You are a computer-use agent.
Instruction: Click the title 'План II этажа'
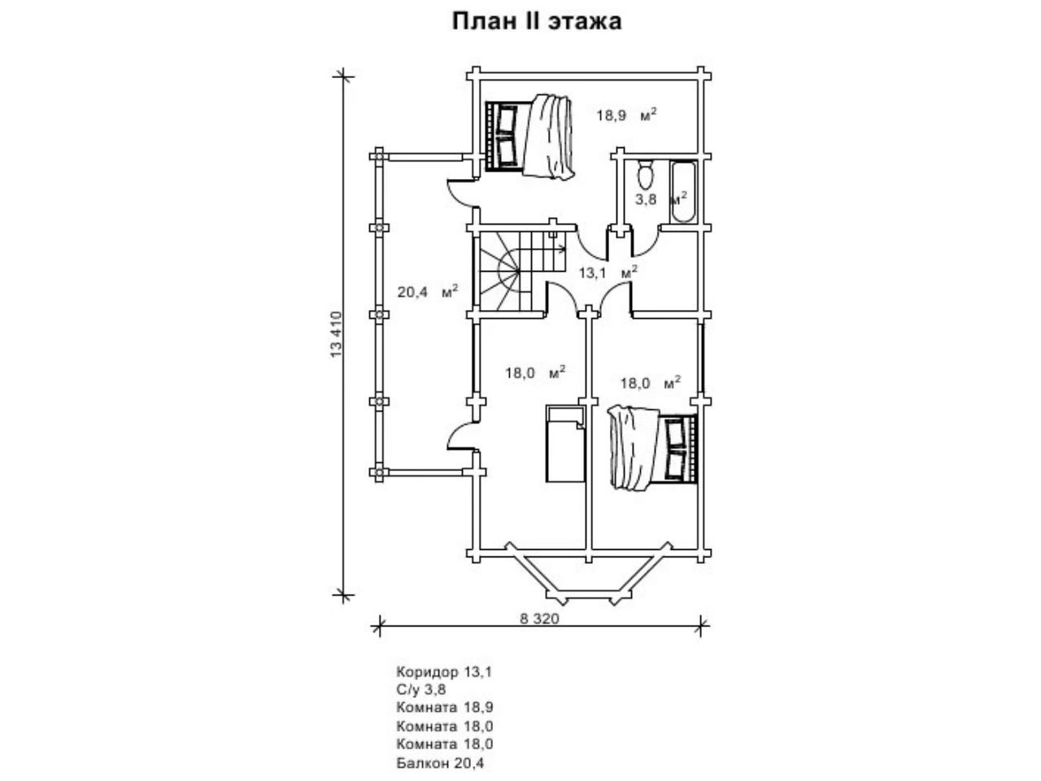click(537, 21)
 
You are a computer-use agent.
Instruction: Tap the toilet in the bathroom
click(646, 175)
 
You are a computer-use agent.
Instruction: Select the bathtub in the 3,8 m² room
click(682, 192)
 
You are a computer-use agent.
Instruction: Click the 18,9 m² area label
click(625, 115)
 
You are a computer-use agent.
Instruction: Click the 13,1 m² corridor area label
click(607, 273)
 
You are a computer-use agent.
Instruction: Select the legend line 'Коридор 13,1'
click(444, 673)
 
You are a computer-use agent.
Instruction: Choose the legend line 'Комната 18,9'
click(445, 709)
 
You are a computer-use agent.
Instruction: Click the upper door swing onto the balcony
click(460, 192)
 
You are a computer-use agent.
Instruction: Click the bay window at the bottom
click(590, 574)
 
